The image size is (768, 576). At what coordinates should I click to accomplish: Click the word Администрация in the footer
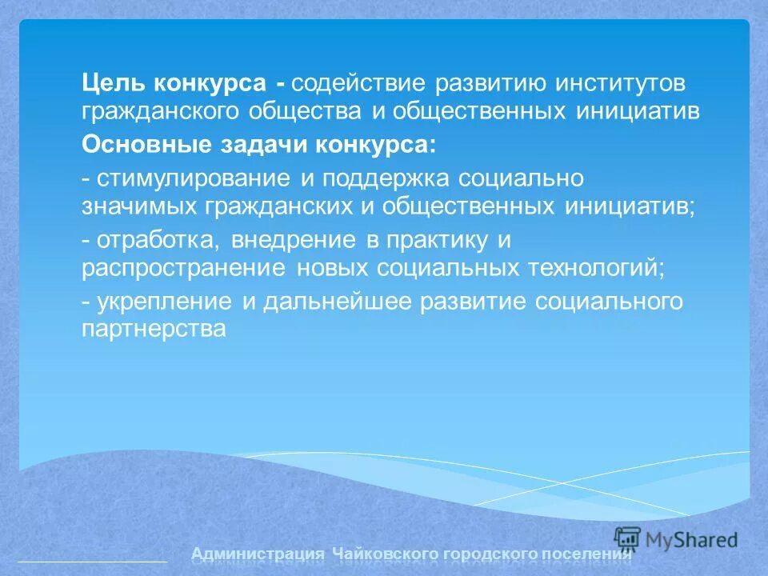coord(258,554)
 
